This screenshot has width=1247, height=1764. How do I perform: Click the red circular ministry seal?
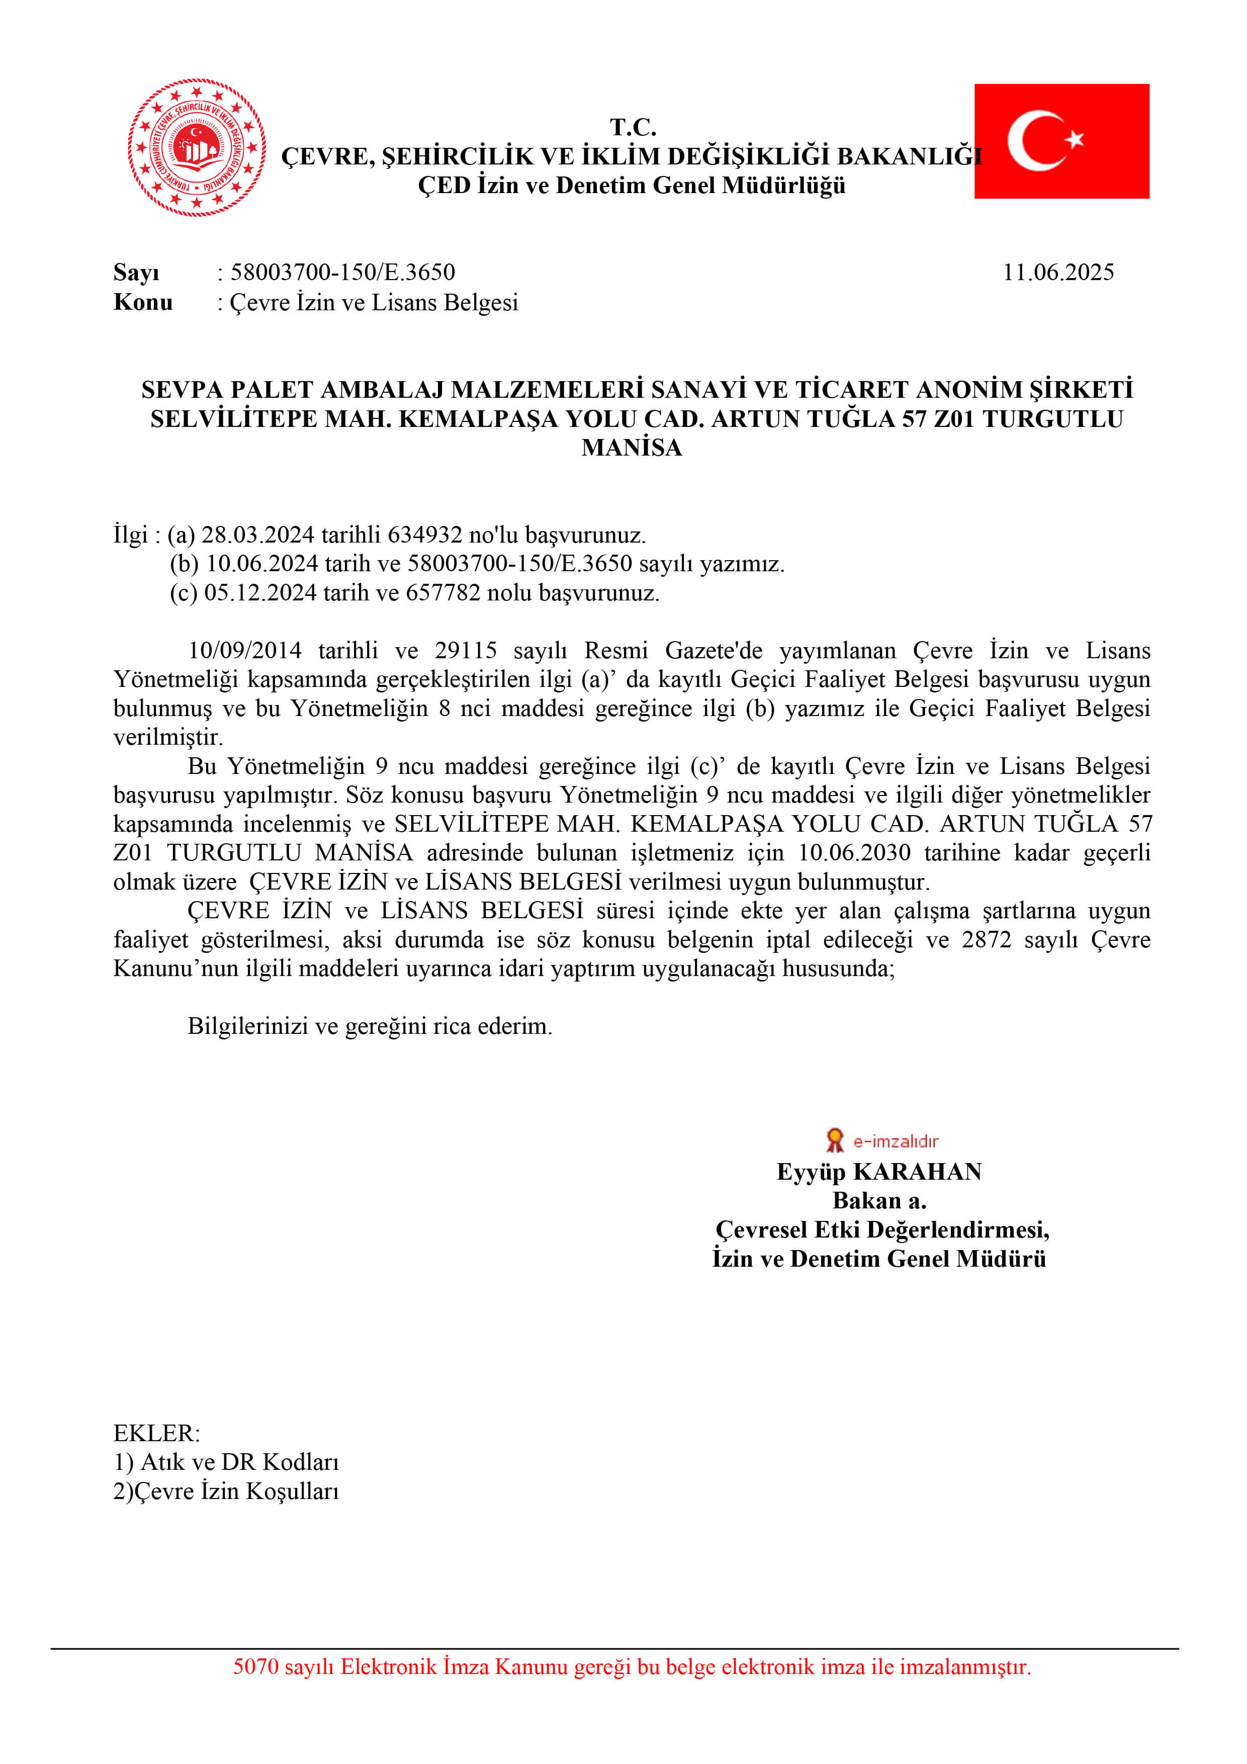(x=197, y=147)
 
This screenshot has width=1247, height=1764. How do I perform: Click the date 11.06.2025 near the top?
(x=1058, y=272)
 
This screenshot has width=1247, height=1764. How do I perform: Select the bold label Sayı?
(x=136, y=272)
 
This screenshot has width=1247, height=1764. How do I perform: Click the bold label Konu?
(x=143, y=302)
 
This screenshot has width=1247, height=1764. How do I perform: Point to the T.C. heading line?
(x=633, y=127)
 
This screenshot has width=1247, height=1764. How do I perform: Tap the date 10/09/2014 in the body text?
(x=245, y=651)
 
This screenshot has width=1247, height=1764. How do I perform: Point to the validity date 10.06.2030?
(x=854, y=853)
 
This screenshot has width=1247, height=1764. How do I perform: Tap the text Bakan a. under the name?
(x=879, y=1200)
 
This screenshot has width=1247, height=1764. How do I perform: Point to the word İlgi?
(x=130, y=535)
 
